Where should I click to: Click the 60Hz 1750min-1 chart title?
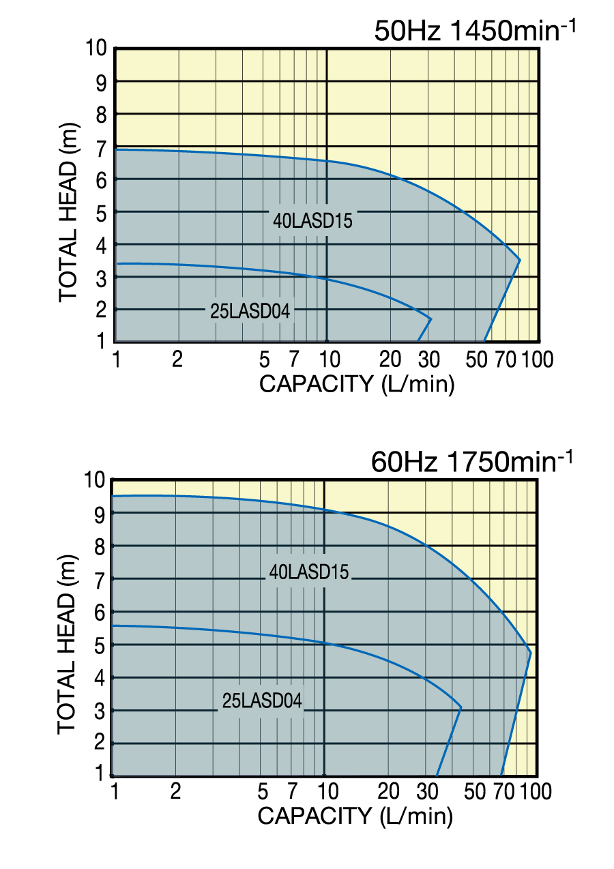[x=470, y=462]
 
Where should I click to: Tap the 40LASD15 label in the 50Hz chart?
[x=312, y=221]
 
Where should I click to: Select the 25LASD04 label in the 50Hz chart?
[x=250, y=312]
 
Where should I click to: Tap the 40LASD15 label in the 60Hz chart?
[x=309, y=572]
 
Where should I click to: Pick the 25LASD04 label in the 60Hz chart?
[x=262, y=701]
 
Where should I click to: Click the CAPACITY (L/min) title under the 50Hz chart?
[x=357, y=384]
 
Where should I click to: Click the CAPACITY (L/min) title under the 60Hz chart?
[x=355, y=815]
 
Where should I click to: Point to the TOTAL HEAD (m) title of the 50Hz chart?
[x=68, y=212]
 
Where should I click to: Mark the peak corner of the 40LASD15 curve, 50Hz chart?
[x=520, y=260]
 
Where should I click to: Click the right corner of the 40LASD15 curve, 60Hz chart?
[x=531, y=653]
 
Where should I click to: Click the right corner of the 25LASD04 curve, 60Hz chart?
[x=462, y=707]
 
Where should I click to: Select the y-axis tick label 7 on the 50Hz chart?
[x=100, y=147]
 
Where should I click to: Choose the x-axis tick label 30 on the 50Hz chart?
[x=430, y=359]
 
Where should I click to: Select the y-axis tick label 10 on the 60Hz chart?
[x=95, y=480]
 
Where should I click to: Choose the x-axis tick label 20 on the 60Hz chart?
[x=388, y=791]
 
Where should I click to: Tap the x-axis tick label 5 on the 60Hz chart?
[x=263, y=791]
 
